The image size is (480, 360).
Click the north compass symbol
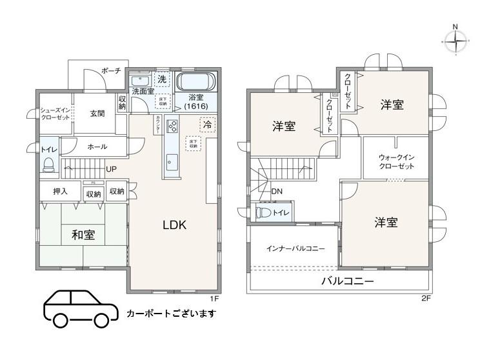455,40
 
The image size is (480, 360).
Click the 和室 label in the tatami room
83,235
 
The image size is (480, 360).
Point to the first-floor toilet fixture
48,166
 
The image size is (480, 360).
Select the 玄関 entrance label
97,114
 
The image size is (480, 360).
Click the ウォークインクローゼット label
395,161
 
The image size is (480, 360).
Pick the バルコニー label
348,281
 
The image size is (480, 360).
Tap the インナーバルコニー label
295,248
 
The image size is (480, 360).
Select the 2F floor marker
425,299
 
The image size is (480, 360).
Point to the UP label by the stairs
112,169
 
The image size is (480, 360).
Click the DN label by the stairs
277,192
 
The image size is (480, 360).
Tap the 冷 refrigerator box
208,123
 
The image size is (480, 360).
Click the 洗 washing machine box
161,79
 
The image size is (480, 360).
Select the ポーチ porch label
111,70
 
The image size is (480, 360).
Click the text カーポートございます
171,314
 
